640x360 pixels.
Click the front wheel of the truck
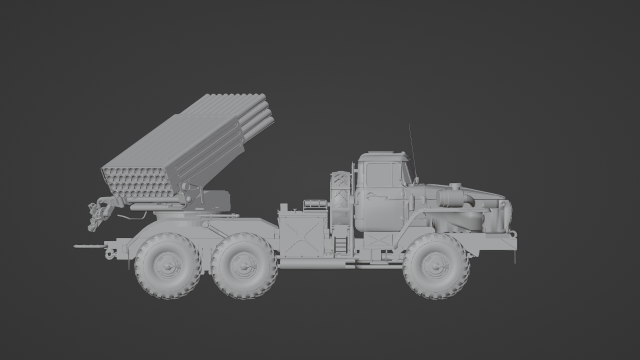coord(436,266)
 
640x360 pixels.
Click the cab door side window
coord(381,177)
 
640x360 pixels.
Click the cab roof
coord(381,156)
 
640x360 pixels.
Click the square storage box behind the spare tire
coord(301,233)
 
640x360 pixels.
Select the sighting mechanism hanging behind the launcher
coord(101,211)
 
